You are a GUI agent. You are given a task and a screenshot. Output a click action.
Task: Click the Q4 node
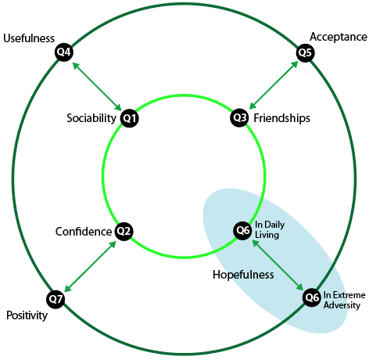(64, 52)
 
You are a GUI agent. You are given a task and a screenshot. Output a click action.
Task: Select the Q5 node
(306, 53)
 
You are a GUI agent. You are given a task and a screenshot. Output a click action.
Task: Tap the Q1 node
(129, 118)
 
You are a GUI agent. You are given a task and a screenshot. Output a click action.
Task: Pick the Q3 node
(239, 117)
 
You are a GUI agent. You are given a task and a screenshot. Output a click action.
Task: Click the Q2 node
(124, 231)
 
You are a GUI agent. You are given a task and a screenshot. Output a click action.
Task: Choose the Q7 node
(56, 299)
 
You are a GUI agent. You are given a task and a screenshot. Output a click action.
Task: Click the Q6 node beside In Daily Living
(242, 230)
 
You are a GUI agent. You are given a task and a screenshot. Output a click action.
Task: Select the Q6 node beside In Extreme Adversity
(312, 297)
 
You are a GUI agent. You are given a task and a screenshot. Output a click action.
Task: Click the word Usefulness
(29, 38)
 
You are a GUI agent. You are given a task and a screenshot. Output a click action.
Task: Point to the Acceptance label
(339, 37)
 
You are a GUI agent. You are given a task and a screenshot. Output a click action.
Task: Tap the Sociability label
(91, 118)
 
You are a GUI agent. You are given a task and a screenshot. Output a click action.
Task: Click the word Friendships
(282, 118)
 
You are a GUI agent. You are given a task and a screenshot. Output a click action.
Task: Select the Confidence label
(84, 232)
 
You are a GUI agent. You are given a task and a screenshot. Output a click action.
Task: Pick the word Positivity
(27, 315)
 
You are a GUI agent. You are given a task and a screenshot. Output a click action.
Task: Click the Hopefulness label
(243, 275)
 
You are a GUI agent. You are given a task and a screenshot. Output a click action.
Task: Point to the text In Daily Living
(270, 229)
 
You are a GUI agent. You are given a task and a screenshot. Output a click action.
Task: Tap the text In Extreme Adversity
(344, 300)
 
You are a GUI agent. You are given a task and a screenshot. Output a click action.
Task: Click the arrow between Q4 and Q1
(97, 87)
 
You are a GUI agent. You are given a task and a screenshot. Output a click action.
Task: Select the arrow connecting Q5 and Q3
(274, 85)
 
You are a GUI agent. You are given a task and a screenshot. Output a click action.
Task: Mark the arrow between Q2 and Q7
(90, 266)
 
